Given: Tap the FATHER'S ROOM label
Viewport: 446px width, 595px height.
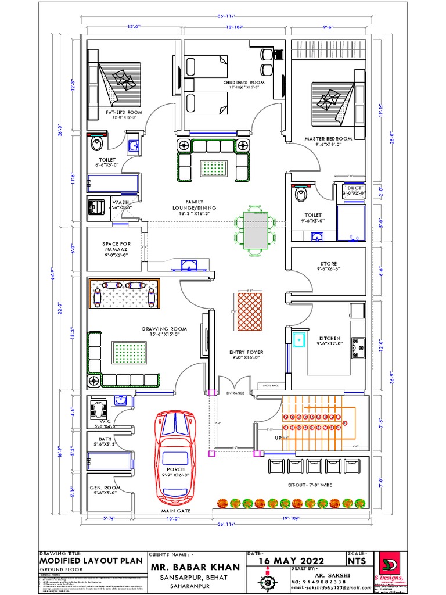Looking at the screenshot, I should pyautogui.click(x=123, y=112).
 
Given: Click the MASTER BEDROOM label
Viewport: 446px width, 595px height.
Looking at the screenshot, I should pyautogui.click(x=328, y=139).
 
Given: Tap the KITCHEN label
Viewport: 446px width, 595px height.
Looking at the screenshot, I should pyautogui.click(x=329, y=338).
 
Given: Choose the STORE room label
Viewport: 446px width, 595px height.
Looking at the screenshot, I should pyautogui.click(x=328, y=264).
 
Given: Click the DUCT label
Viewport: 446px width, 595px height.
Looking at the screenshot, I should pyautogui.click(x=354, y=188).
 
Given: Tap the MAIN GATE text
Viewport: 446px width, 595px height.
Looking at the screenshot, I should pyautogui.click(x=176, y=511).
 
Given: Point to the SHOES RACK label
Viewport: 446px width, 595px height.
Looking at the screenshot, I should pyautogui.click(x=271, y=386).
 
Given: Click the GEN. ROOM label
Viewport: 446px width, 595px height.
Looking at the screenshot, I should pyautogui.click(x=104, y=488).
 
